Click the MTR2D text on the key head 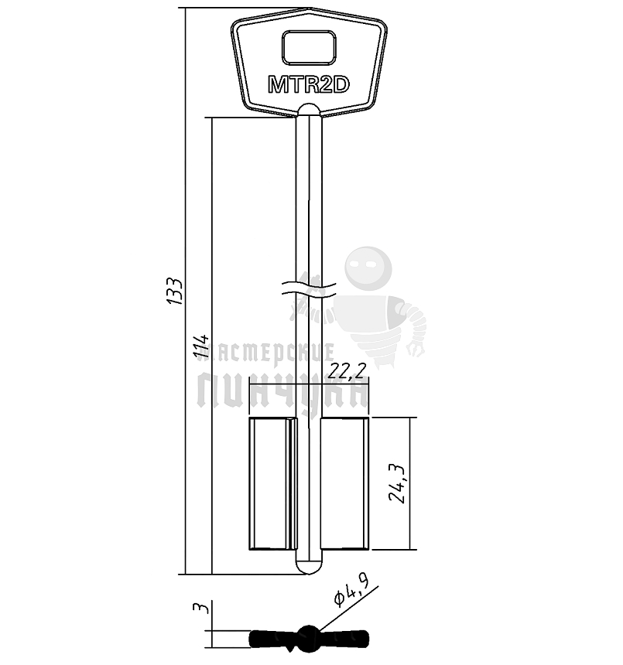click(309, 84)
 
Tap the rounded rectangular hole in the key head click(309, 47)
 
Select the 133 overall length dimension click(174, 291)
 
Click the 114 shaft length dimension click(201, 348)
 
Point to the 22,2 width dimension click(347, 371)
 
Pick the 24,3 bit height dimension click(397, 483)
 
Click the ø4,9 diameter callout click(351, 591)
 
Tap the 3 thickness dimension click(201, 608)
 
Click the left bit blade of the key click(272, 483)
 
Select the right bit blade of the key click(344, 483)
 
